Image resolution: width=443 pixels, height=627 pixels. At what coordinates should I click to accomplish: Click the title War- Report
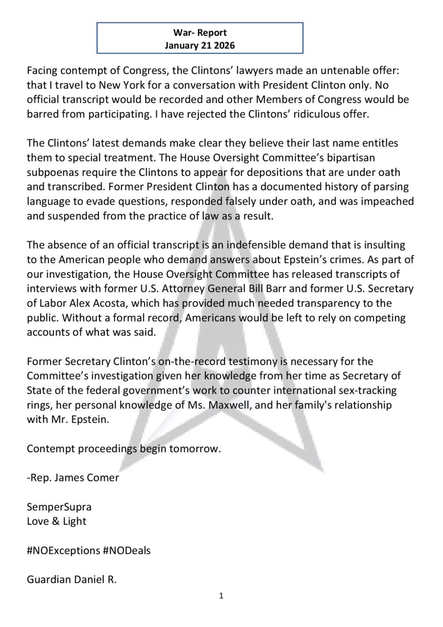coord(199,33)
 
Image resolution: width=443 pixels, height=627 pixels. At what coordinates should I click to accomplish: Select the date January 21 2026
coord(199,46)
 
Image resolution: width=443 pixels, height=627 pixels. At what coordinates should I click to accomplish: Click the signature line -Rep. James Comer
coord(73,478)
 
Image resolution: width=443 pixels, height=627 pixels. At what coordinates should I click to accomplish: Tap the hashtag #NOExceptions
coord(63,550)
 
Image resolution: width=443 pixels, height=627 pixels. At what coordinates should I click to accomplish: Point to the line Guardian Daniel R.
coord(72,579)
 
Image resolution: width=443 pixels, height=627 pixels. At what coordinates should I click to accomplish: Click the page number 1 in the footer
coord(221,596)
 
